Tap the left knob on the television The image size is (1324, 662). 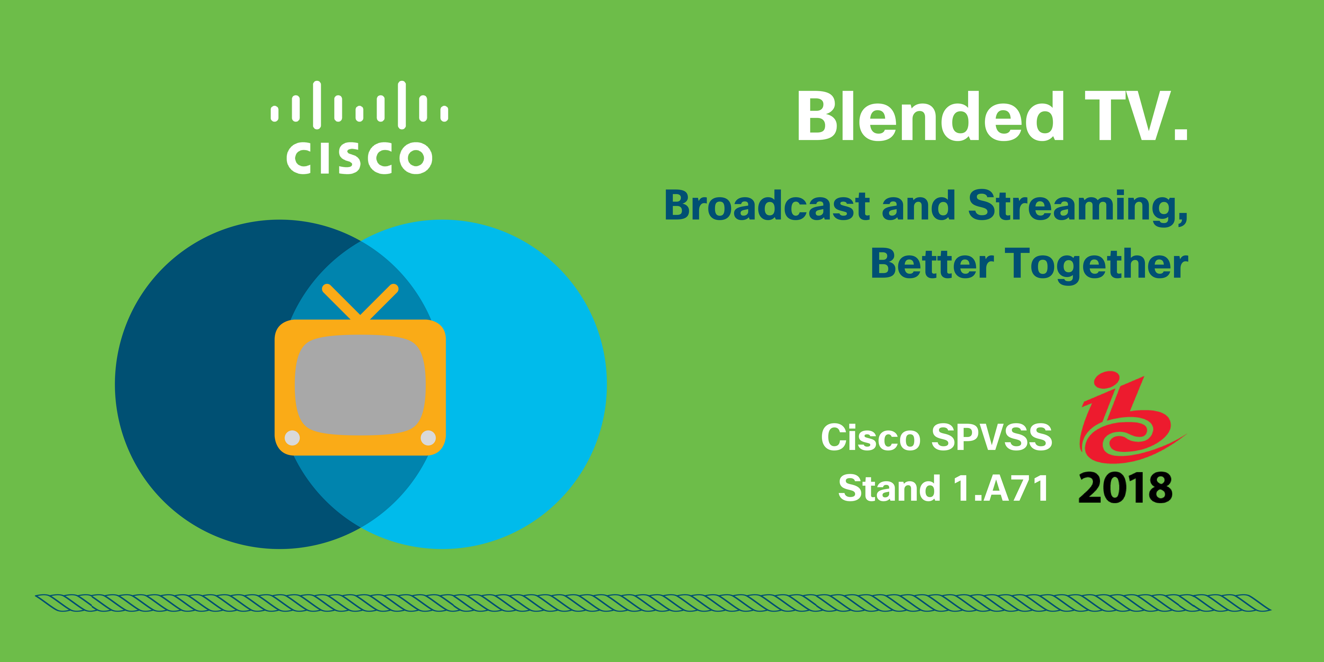292,438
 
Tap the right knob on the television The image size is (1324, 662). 428,438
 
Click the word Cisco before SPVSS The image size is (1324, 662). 870,437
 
